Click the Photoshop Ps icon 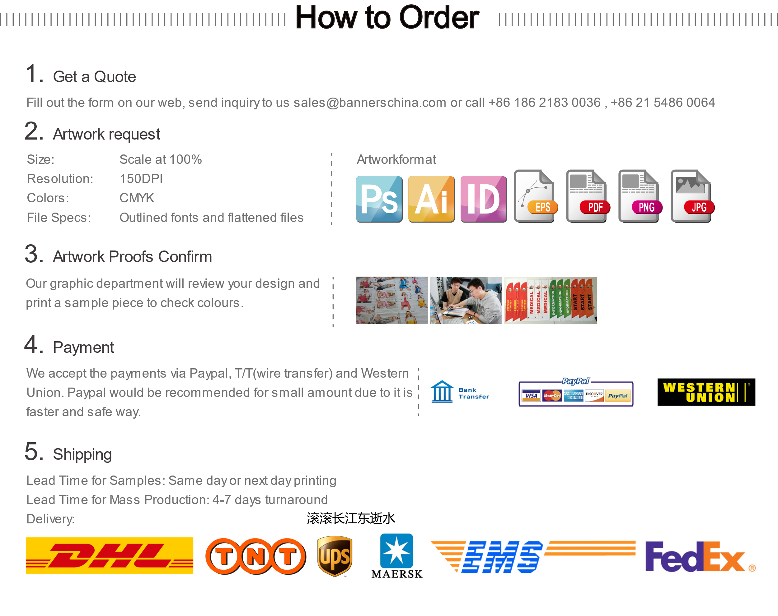pyautogui.click(x=379, y=199)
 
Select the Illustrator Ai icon pyautogui.click(x=431, y=199)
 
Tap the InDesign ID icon pyautogui.click(x=484, y=199)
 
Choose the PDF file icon pyautogui.click(x=588, y=196)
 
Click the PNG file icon pyautogui.click(x=640, y=196)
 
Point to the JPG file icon pyautogui.click(x=692, y=196)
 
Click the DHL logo pyautogui.click(x=109, y=555)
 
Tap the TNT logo pyautogui.click(x=256, y=556)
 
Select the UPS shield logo pyautogui.click(x=335, y=556)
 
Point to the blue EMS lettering pyautogui.click(x=502, y=557)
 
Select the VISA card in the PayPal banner pyautogui.click(x=531, y=395)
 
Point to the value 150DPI pyautogui.click(x=141, y=179)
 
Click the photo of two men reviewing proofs pyautogui.click(x=466, y=300)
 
